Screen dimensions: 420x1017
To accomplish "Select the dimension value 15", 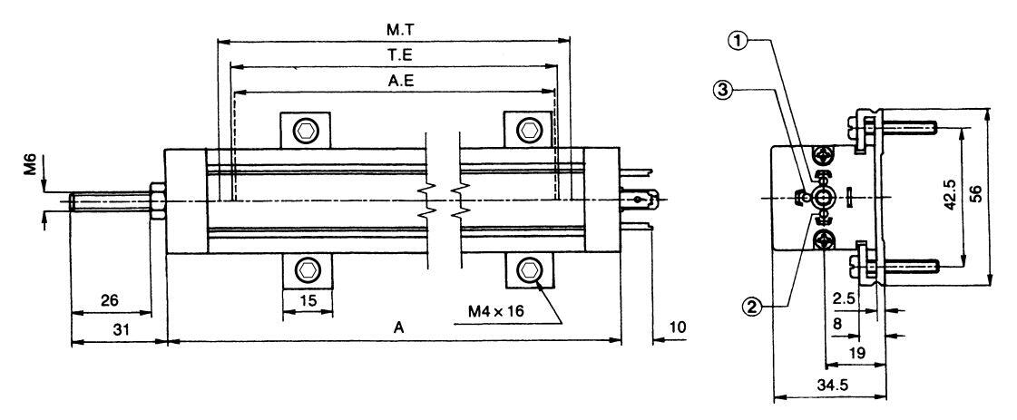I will [309, 300].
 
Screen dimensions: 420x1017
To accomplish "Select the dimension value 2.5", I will [845, 298].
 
